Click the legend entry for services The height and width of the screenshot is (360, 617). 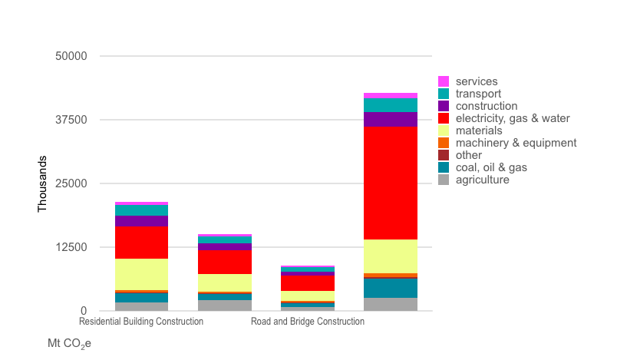(x=476, y=81)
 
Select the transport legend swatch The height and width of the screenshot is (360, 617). (x=444, y=94)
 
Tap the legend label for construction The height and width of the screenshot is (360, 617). (x=486, y=106)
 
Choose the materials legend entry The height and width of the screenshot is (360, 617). (x=478, y=130)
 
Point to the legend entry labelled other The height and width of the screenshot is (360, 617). (x=468, y=155)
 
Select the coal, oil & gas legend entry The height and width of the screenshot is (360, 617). (x=491, y=167)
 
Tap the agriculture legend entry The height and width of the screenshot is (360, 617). (x=482, y=180)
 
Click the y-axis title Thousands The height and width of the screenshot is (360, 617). (x=43, y=184)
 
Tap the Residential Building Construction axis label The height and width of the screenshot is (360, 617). (x=141, y=322)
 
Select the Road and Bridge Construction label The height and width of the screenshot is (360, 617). (x=308, y=322)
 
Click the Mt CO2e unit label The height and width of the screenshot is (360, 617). (x=69, y=343)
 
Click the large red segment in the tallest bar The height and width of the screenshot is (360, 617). (x=391, y=183)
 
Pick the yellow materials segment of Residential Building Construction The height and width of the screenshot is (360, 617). (x=141, y=274)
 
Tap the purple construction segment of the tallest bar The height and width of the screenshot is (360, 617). (x=391, y=119)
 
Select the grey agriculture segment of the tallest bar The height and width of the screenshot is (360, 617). (x=391, y=304)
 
